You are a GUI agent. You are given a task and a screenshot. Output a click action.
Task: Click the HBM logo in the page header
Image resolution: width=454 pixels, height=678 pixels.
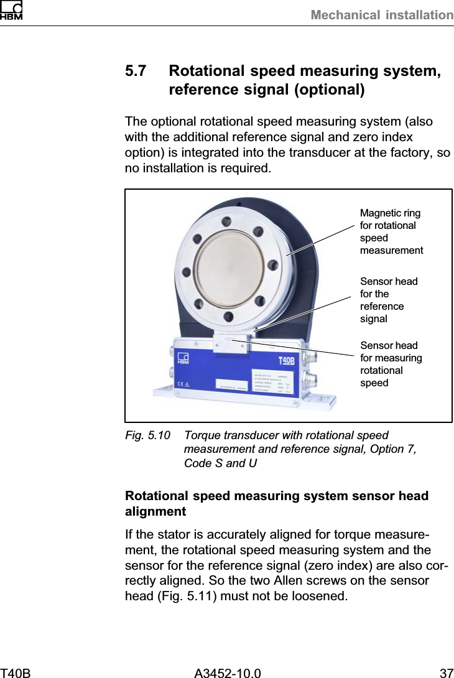[x=12, y=11]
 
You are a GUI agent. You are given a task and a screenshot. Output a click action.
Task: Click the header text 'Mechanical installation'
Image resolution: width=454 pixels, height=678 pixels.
[x=382, y=15]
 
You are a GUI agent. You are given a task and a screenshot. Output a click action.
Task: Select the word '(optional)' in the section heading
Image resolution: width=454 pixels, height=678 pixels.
[x=329, y=90]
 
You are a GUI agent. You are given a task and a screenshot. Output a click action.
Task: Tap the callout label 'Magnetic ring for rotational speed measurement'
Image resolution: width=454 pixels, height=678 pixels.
[x=391, y=232]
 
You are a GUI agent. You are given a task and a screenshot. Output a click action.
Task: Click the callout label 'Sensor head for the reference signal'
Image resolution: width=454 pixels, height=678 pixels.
[x=389, y=300]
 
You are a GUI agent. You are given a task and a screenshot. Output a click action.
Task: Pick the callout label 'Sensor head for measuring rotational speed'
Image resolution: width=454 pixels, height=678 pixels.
[x=391, y=364]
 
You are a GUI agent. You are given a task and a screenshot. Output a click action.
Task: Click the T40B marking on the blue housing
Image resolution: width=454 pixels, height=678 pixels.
[x=286, y=360]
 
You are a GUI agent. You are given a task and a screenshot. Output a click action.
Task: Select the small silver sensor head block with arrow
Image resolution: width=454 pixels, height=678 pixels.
[x=230, y=341]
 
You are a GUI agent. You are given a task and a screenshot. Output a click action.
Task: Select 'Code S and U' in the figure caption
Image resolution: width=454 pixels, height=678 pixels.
[x=220, y=463]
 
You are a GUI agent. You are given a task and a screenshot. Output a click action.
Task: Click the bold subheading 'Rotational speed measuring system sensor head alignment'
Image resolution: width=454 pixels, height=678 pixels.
[x=277, y=504]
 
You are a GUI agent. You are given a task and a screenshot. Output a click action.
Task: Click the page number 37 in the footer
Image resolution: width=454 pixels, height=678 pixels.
[x=446, y=672]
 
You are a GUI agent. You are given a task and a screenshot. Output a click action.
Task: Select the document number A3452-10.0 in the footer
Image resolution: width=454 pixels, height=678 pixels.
[x=228, y=672]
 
